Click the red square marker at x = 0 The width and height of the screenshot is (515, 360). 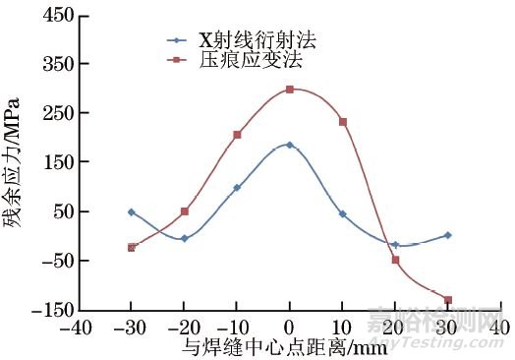pos(290,90)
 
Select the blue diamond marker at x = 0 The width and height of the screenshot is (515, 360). pos(290,145)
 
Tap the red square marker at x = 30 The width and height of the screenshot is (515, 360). pos(448,300)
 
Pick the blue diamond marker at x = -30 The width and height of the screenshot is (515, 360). pos(131,211)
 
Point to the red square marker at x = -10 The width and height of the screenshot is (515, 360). pos(237,135)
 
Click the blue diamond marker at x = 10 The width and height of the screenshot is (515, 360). pos(343,213)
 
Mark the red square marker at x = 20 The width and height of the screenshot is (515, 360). pos(395,260)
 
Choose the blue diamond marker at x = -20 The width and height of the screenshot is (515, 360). pos(184,238)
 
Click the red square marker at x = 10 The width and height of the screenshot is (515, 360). pos(343,122)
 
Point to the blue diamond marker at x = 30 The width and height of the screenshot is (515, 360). pos(448,235)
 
